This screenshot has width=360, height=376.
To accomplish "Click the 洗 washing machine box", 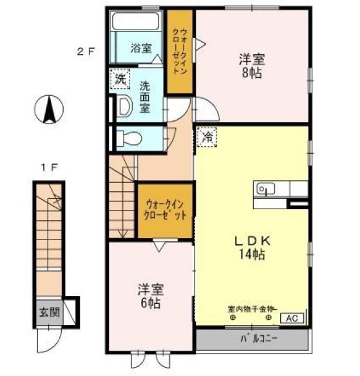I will click(x=119, y=80).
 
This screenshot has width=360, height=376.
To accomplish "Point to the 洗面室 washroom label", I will click(x=145, y=97).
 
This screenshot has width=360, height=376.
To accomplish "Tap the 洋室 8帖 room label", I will click(x=251, y=64).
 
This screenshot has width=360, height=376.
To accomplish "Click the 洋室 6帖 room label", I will click(x=150, y=296).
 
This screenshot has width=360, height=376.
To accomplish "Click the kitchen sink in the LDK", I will click(x=265, y=189).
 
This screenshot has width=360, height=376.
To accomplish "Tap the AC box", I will click(x=290, y=317).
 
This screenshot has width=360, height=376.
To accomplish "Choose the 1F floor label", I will click(x=50, y=167).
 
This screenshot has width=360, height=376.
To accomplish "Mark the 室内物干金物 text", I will click(x=252, y=308).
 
